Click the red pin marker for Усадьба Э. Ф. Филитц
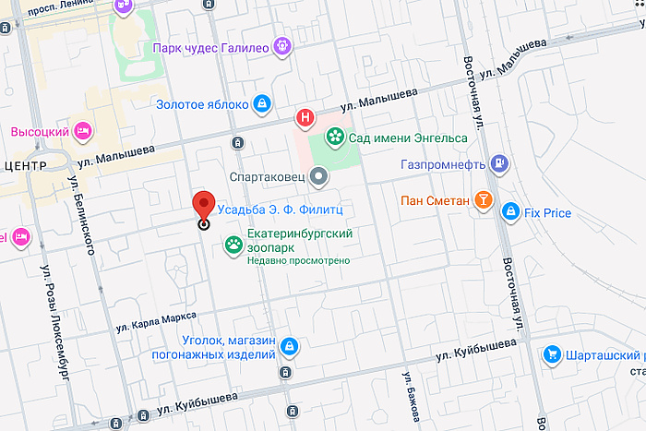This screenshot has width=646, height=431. point(203,206)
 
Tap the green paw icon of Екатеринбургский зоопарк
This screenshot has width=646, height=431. point(234,245)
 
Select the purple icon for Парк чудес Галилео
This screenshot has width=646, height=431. point(282,45)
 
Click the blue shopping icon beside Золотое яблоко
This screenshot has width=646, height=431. point(262,103)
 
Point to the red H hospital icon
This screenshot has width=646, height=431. point(303,117)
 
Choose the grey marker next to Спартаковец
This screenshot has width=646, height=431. point(318,174)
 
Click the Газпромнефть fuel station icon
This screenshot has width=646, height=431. point(499,164)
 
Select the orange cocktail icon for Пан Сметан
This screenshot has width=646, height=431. point(482,200)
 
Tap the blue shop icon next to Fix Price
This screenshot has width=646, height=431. point(509,213)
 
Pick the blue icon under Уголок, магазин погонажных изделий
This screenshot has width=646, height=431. point(290,346)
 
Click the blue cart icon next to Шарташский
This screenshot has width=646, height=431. point(552,354)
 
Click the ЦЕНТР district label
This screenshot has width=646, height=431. point(25,165)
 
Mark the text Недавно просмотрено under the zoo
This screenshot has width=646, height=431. point(298,261)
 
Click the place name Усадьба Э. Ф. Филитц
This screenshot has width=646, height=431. point(280,210)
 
